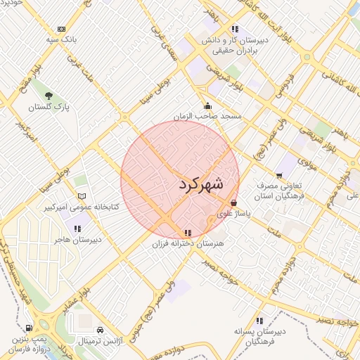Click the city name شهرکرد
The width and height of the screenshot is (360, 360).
click(x=200, y=185)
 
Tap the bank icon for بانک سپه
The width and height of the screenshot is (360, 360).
click(x=62, y=29)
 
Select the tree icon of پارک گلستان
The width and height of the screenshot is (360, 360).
click(x=49, y=96)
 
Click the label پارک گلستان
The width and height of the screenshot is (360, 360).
click(x=49, y=108)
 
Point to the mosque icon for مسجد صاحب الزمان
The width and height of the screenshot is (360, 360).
click(x=207, y=105)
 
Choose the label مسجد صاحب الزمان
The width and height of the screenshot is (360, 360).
click(x=208, y=115)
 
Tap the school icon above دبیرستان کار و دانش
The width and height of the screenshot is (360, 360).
click(x=234, y=30)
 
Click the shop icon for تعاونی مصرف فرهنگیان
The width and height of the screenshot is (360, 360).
click(x=279, y=174)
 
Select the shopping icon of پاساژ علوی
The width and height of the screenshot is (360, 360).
click(x=234, y=202)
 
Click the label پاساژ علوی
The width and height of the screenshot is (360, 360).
click(x=233, y=213)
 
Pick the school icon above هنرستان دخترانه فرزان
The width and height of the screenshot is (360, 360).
click(x=186, y=232)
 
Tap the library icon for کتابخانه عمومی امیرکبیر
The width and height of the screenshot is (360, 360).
click(x=82, y=196)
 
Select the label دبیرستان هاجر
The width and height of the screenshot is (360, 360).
click(x=79, y=240)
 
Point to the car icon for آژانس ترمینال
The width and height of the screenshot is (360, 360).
click(x=101, y=329)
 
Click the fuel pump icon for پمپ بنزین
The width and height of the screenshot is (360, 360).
click(x=28, y=328)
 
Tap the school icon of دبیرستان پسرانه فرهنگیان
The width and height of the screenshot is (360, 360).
click(x=259, y=321)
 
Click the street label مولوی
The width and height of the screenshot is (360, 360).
click(x=307, y=162)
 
